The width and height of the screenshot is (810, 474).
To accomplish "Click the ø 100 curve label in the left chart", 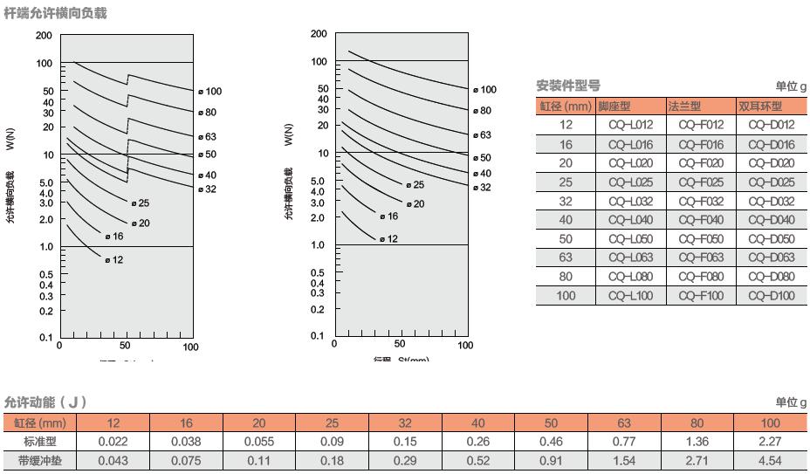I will tap(209, 92).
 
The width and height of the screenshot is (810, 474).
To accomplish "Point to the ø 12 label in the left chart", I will tap(114, 259).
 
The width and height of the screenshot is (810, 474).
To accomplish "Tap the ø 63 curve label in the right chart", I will tap(483, 135).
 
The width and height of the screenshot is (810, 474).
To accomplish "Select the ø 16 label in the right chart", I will tap(389, 216).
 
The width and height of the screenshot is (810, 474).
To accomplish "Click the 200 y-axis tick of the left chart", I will tap(44, 36).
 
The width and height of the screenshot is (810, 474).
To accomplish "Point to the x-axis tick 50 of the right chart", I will tap(400, 345).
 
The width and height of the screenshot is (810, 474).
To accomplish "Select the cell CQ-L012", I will tap(630, 125).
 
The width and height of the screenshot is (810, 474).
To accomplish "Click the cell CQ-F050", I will tap(701, 238).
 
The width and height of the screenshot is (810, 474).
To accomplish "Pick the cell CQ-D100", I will tap(772, 296).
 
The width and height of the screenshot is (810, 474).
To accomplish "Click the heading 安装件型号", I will tap(567, 86).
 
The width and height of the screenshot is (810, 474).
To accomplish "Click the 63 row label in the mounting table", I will tap(566, 258).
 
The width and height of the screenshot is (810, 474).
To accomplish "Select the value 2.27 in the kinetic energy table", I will tap(770, 442).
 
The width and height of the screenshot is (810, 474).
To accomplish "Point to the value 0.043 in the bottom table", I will tap(113, 460).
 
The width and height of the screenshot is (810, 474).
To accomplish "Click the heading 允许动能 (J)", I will tap(45, 402).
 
